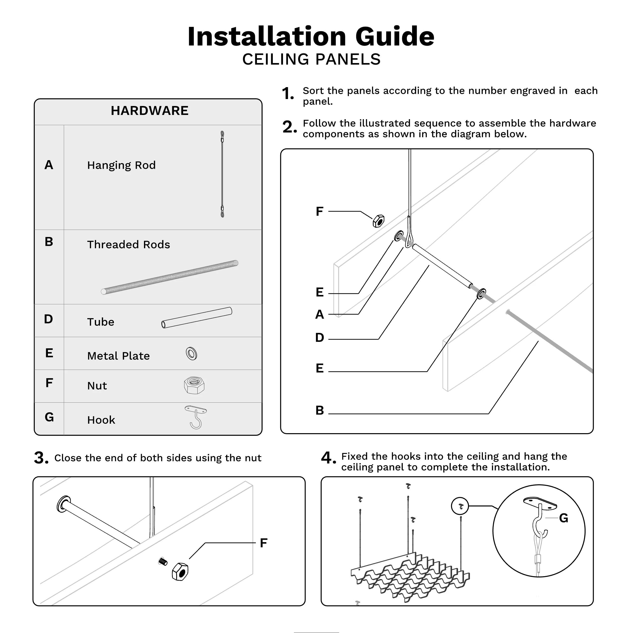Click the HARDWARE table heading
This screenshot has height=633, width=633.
coord(149,111)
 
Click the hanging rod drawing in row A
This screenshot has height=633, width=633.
coord(222,174)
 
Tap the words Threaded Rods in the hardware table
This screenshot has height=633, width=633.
coord(128,245)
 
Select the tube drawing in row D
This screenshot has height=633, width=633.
coord(197,317)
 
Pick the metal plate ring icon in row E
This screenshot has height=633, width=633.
coord(191,353)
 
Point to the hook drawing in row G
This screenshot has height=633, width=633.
coord(196,417)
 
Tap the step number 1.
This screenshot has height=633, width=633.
coord(288,94)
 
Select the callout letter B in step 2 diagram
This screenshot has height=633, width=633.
coord(319,410)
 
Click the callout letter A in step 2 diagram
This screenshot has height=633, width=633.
coord(319,315)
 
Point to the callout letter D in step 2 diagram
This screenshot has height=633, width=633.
coord(319,337)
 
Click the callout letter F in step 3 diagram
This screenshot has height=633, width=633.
coord(263,543)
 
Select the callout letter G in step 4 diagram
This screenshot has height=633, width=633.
coord(563,518)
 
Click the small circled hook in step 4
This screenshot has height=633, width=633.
coord(460,506)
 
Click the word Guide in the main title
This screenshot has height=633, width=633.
coord(394,36)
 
